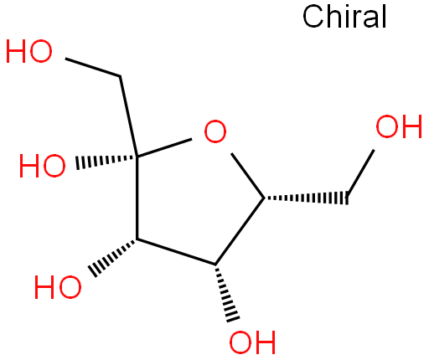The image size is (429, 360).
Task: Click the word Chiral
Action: [344, 17]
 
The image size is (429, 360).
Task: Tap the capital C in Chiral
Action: [313, 17]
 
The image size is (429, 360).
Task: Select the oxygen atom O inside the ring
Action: [215, 131]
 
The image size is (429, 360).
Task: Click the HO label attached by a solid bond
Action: [29, 51]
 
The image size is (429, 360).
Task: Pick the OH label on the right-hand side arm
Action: [399, 126]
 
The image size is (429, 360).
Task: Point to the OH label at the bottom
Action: [252, 342]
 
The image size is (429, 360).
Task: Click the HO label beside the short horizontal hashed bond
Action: [42, 166]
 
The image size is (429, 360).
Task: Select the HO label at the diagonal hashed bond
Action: [58, 287]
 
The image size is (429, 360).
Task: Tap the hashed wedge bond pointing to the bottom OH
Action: [227, 292]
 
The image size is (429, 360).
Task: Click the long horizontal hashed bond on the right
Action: [307, 198]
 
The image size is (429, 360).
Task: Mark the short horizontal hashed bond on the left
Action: [106, 161]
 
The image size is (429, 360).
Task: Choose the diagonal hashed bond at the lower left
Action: [113, 257]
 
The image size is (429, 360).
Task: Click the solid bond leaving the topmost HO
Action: [93, 67]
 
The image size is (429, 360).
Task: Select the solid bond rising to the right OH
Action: [360, 174]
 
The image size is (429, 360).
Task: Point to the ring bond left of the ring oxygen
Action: [164, 147]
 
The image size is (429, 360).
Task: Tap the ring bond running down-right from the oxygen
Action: [248, 176]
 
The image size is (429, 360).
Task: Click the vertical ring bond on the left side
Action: [137, 198]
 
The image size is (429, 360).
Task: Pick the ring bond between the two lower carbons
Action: [176, 252]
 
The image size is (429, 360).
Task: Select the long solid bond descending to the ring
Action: [128, 116]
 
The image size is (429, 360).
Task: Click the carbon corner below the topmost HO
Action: [120, 76]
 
